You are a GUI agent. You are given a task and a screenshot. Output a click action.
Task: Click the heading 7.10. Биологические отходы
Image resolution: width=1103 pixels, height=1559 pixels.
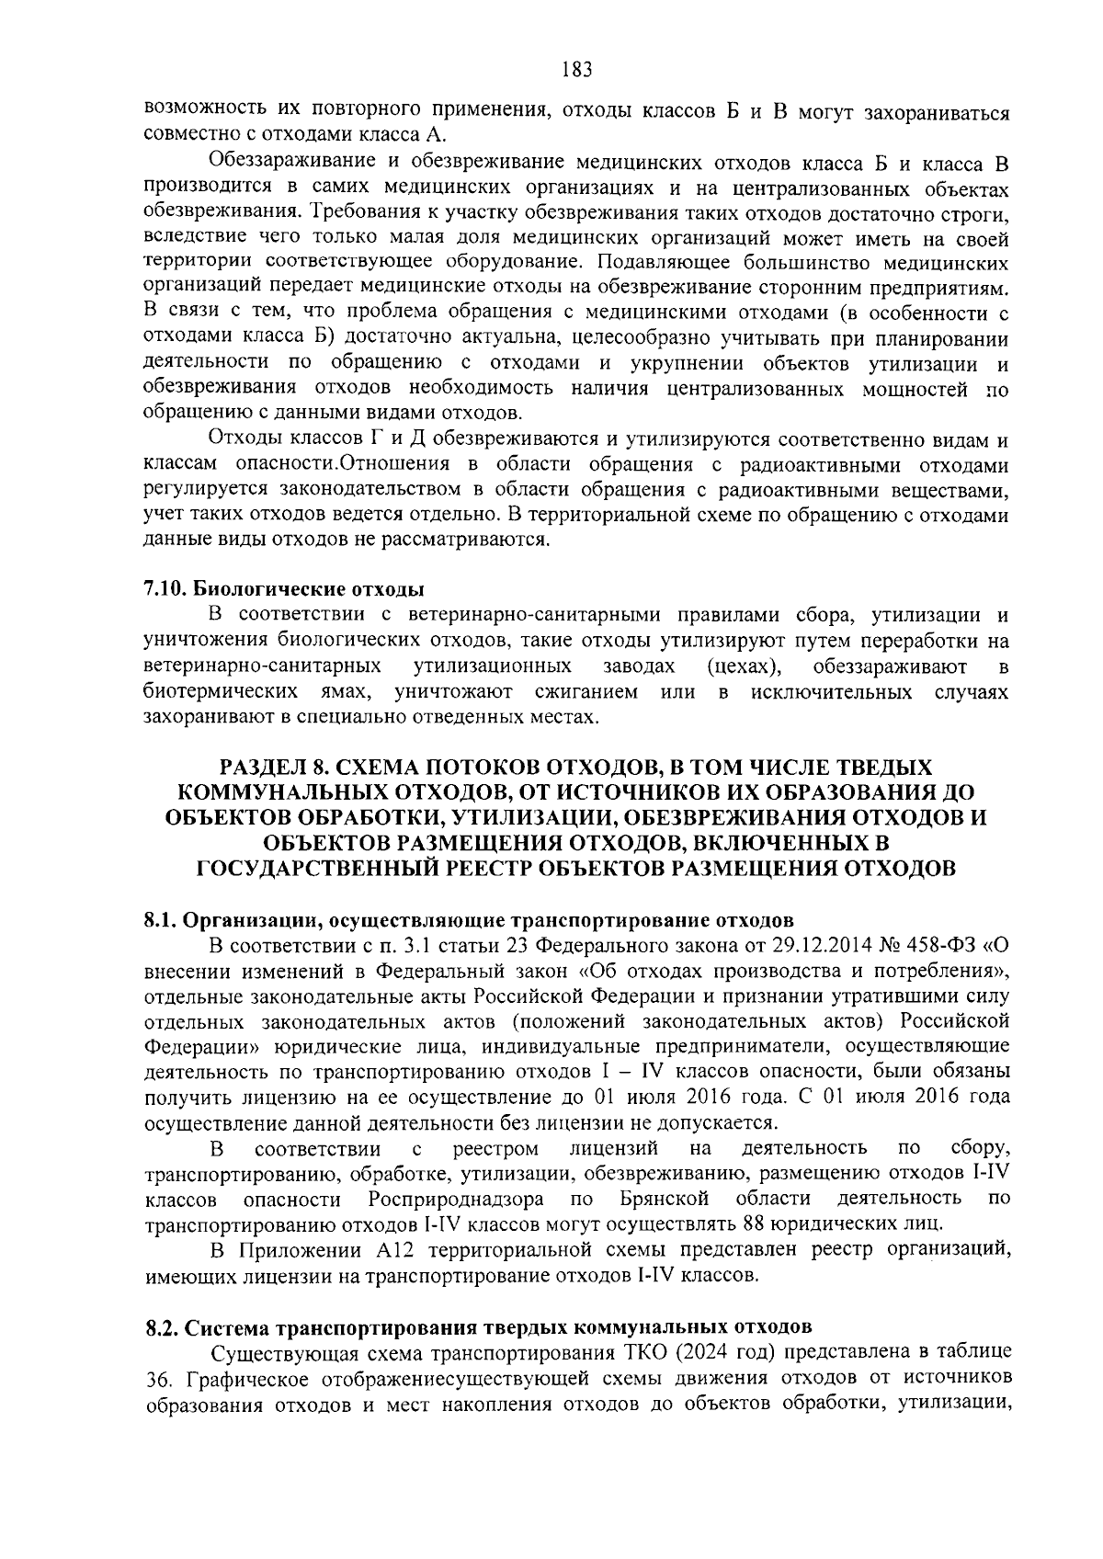click(284, 588)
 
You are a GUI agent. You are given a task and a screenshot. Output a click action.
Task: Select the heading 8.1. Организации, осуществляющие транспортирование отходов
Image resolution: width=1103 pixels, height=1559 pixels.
click(469, 919)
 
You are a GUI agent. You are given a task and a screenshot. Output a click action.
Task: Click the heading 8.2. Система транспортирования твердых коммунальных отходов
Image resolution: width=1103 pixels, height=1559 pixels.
click(478, 1327)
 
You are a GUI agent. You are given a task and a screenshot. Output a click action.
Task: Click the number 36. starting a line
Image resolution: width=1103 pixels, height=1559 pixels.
click(162, 1379)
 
